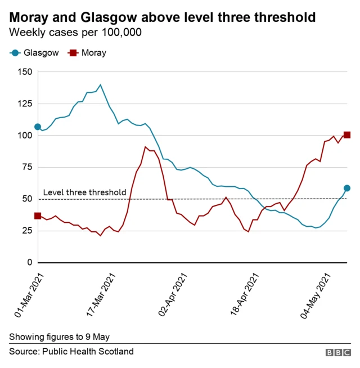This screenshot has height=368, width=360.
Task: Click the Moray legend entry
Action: click(x=87, y=53)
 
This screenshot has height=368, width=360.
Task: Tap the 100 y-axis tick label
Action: click(x=24, y=136)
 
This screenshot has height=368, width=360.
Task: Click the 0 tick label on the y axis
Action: click(x=29, y=262)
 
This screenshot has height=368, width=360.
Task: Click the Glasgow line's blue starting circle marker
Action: click(x=38, y=127)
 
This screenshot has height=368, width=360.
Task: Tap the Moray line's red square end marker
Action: click(x=347, y=134)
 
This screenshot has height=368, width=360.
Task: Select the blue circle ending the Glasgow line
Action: click(x=347, y=188)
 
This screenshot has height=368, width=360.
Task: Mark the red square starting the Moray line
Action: click(x=38, y=216)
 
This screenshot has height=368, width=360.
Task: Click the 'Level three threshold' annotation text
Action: click(x=84, y=192)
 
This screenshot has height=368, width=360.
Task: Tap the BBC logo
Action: click(x=337, y=352)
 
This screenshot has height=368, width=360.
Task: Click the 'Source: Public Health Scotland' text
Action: click(x=71, y=352)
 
